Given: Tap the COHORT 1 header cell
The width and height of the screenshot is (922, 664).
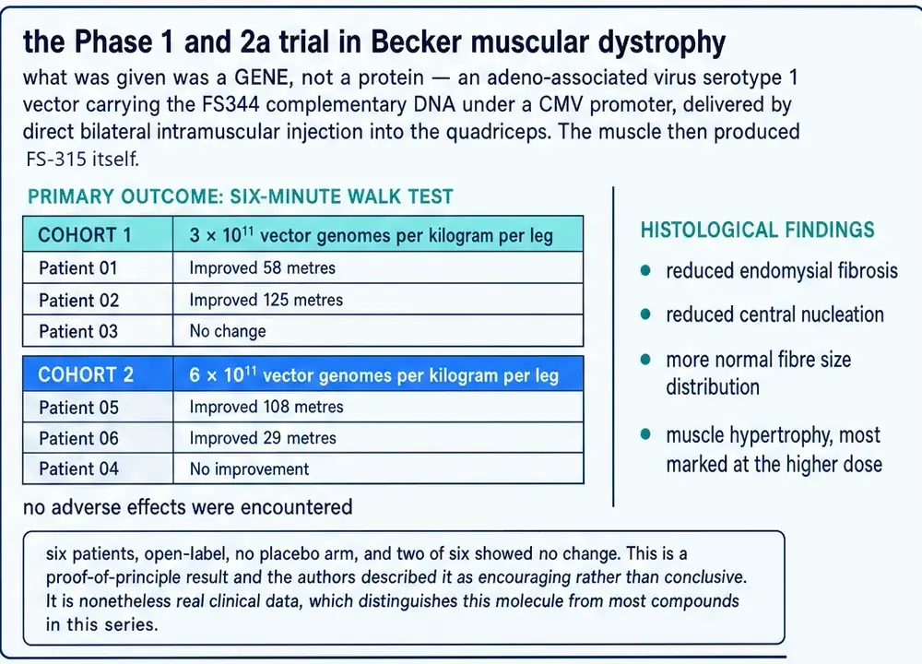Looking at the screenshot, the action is tap(99, 234).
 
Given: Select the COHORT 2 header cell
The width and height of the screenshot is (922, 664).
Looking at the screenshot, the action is tap(99, 374).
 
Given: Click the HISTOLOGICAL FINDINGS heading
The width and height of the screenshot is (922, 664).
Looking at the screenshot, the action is tap(757, 230).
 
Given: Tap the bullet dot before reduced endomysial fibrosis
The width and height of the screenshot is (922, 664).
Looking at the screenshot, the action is tap(645, 270).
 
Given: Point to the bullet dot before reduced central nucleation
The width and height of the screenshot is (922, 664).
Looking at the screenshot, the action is tap(645, 314).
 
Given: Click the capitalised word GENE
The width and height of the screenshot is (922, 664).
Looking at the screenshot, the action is tap(261, 77).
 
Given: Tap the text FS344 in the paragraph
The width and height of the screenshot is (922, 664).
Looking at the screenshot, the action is tap(230, 104).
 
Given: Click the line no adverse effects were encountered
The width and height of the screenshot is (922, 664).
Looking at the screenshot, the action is tap(187, 507).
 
